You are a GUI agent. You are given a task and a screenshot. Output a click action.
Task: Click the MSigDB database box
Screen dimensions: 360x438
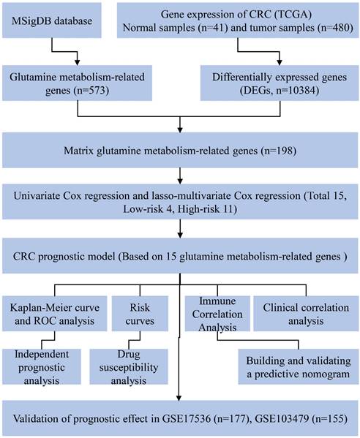(x=52, y=20)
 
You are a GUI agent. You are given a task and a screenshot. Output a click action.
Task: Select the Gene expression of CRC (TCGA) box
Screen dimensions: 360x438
(x=238, y=20)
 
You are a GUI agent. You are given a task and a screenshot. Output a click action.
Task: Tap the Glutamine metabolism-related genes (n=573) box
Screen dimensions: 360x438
(x=77, y=83)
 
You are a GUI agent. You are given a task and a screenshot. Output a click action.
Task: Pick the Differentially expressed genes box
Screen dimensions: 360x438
(x=280, y=83)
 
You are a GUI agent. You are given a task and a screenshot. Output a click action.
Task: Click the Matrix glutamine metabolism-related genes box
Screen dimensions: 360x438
(x=180, y=151)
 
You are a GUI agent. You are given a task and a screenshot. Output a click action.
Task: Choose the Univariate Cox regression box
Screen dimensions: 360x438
(x=180, y=202)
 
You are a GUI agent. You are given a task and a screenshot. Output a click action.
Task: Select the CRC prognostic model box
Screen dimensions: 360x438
(x=180, y=256)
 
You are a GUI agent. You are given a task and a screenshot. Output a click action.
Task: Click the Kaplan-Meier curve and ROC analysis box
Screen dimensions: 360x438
(x=54, y=314)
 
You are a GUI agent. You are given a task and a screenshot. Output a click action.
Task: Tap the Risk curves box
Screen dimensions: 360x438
(x=140, y=314)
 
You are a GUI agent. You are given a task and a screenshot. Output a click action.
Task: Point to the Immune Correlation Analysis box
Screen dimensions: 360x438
(x=217, y=314)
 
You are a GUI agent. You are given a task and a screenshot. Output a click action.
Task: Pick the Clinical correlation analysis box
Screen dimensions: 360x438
(x=306, y=314)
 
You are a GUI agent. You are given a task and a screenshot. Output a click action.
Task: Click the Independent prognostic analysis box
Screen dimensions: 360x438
(x=42, y=367)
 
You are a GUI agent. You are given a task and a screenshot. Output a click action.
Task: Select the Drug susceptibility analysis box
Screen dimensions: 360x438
(x=129, y=367)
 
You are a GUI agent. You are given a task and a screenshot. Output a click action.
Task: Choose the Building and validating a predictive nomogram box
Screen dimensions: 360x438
(x=299, y=367)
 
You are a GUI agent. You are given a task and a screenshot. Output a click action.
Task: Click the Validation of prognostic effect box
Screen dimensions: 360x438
(x=180, y=418)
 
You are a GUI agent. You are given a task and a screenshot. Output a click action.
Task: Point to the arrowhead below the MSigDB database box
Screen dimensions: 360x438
(x=77, y=62)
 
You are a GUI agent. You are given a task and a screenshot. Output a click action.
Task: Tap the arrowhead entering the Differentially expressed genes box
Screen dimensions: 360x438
(x=280, y=62)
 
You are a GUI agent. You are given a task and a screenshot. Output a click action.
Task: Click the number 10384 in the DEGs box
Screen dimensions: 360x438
(x=303, y=91)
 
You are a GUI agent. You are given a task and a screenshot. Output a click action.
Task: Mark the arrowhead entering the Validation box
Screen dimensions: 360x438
(x=179, y=398)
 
